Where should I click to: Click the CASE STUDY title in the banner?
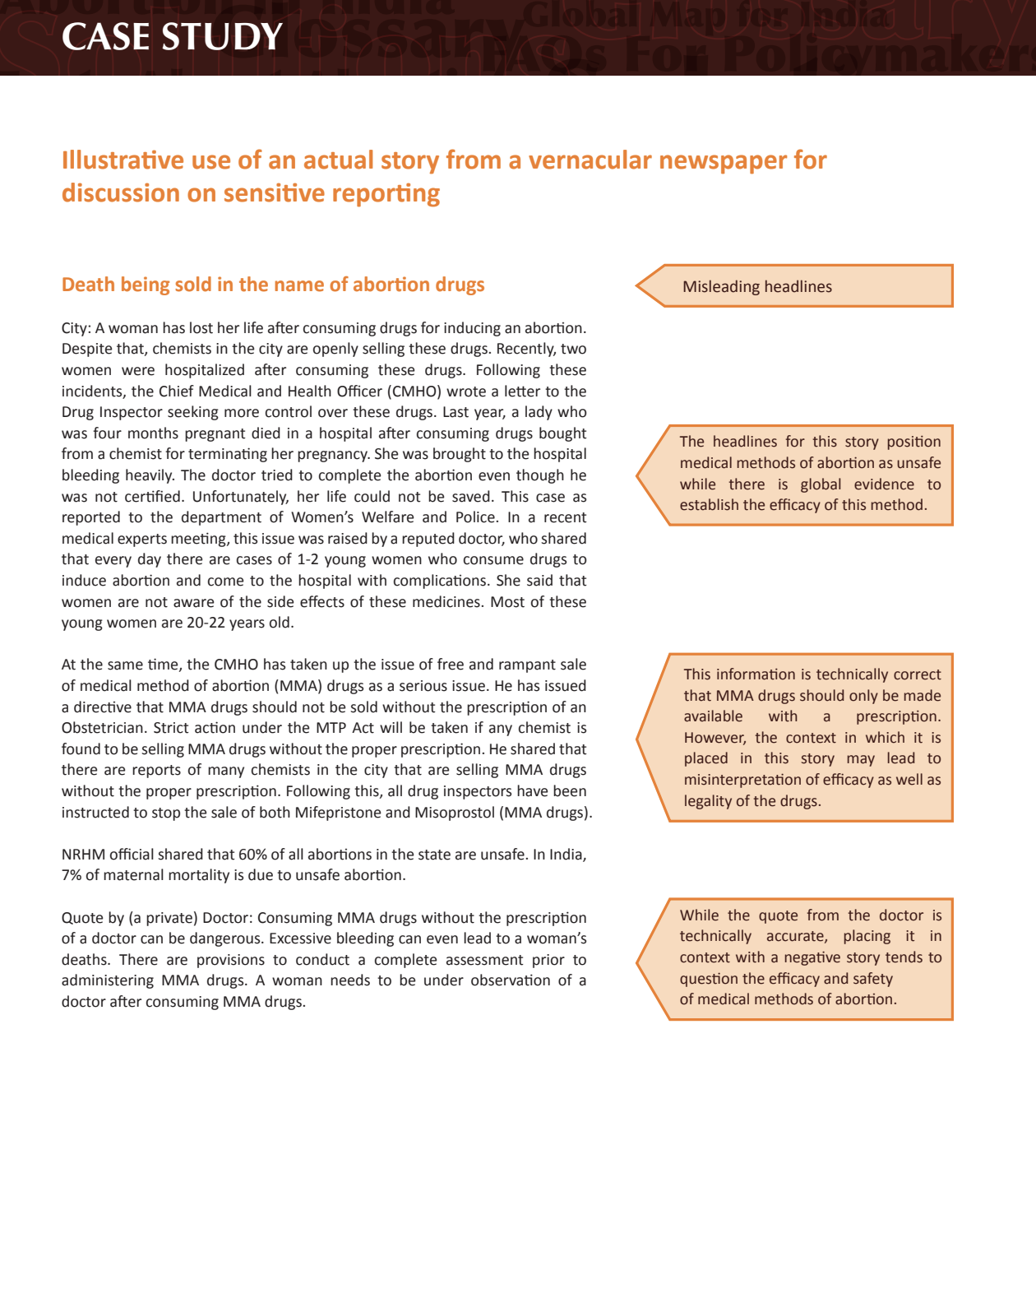[172, 37]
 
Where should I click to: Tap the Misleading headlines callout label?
[756, 286]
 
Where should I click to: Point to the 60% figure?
[252, 855]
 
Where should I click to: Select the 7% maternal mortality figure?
[71, 875]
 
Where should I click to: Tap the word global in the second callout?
[823, 484]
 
